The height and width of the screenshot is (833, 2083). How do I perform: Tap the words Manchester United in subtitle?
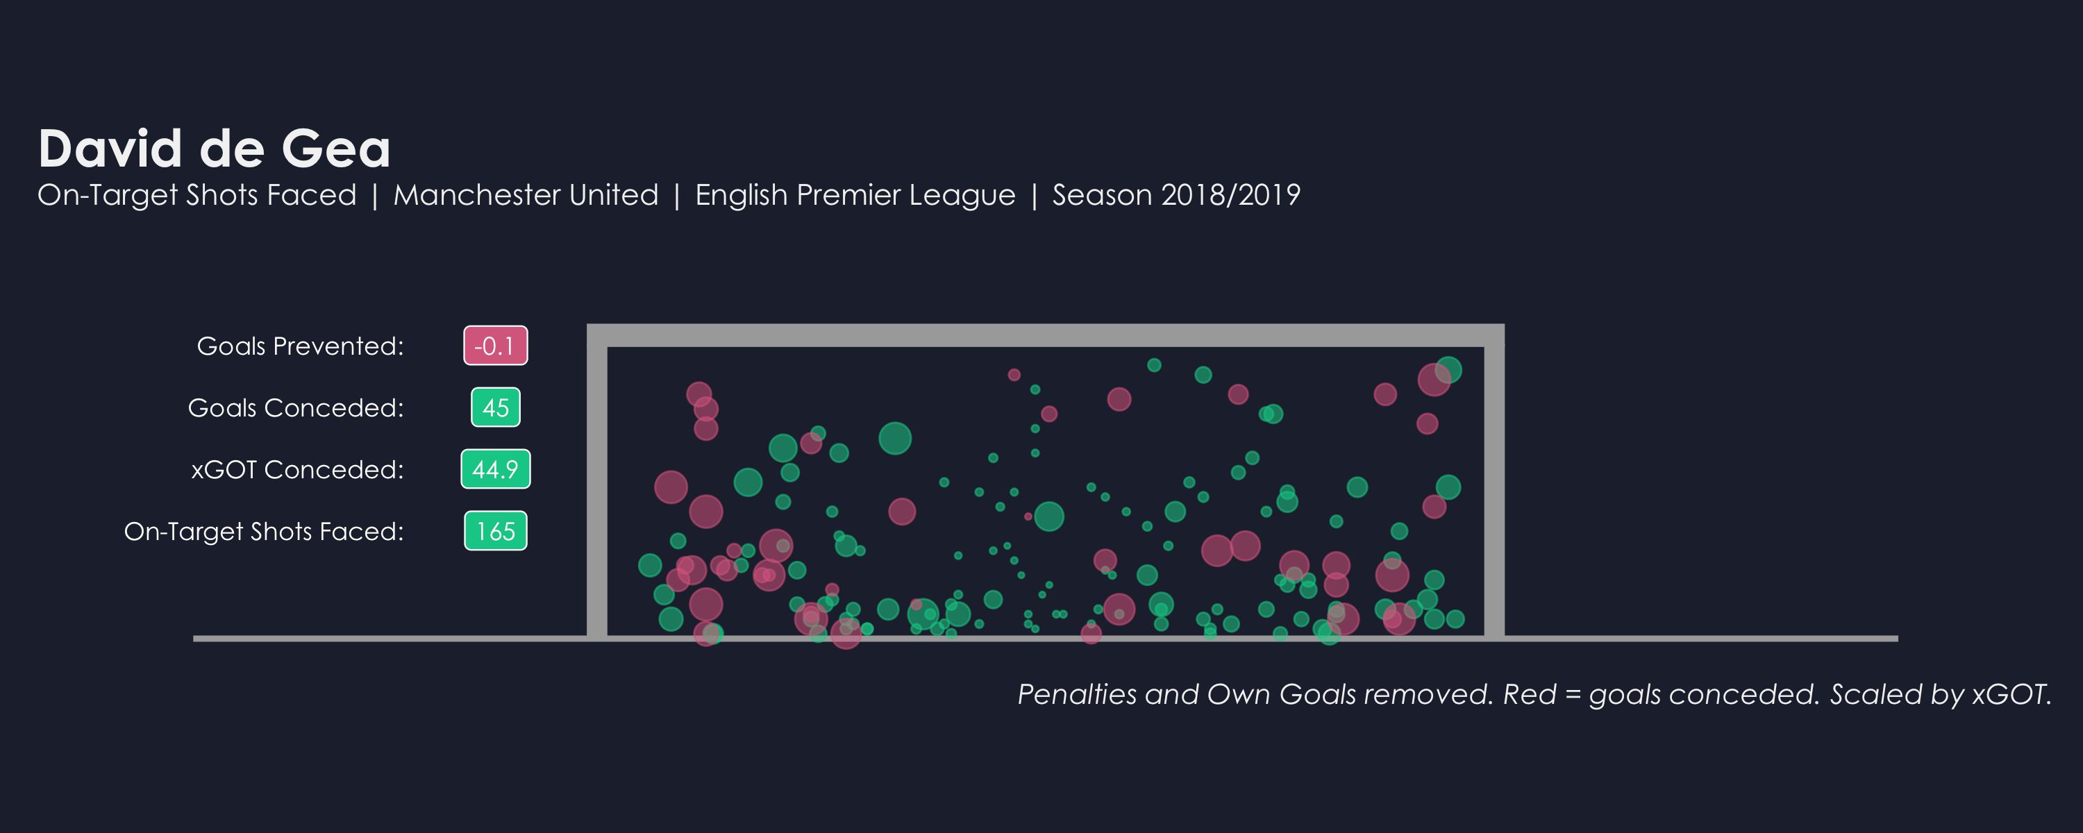[526, 195]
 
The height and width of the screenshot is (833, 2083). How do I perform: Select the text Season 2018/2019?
[1176, 195]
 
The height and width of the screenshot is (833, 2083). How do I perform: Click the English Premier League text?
[855, 195]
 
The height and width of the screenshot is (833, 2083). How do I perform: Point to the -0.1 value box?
[495, 346]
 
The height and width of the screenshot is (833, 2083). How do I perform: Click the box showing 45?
[495, 407]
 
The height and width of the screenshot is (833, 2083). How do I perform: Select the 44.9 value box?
[495, 469]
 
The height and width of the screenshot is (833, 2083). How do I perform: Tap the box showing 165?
[495, 531]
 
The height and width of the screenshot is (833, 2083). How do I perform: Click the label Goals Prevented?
[300, 346]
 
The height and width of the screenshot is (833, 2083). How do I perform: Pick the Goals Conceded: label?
[295, 407]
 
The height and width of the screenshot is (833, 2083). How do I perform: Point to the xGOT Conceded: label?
[296, 469]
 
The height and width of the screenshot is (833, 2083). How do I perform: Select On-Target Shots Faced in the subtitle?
[196, 195]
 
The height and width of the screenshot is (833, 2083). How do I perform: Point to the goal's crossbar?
[1045, 335]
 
